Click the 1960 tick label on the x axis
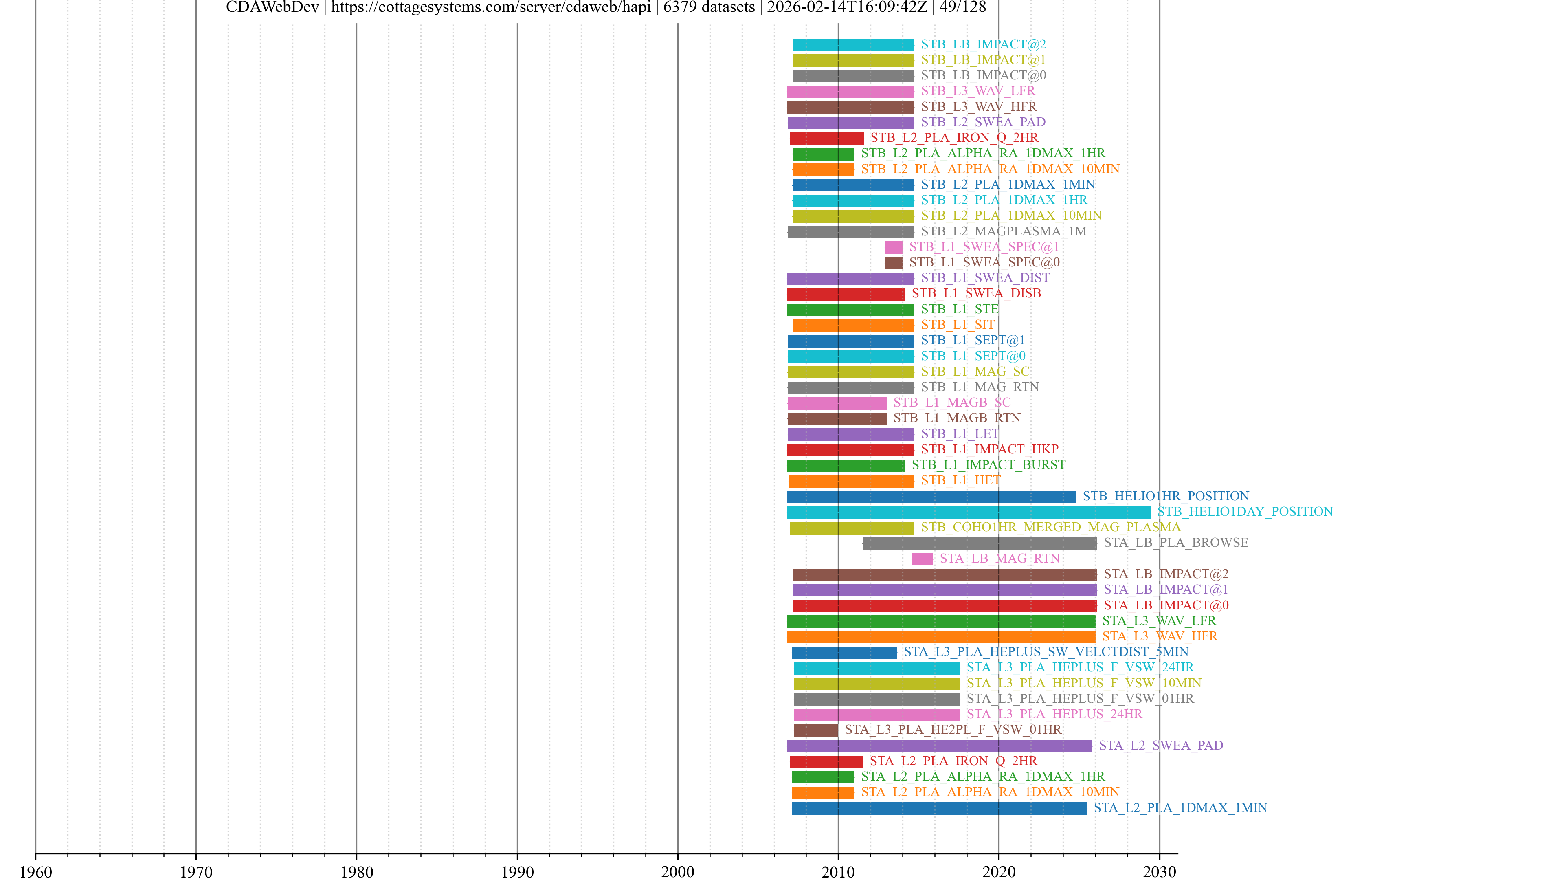[36, 871]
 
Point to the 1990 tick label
[517, 871]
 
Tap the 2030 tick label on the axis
[1159, 871]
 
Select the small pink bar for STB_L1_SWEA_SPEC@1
[893, 247]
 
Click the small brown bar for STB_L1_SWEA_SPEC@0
[893, 263]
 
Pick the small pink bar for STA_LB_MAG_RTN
[922, 559]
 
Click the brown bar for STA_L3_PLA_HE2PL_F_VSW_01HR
[815, 730]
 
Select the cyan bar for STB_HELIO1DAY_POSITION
[969, 512]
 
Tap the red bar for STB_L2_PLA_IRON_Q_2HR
[826, 139]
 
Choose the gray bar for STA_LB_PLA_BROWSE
[979, 543]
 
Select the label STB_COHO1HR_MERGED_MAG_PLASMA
[1050, 527]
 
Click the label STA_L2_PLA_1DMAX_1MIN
[1180, 808]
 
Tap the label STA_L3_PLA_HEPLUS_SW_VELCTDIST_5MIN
[1046, 652]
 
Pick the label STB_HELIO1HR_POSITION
[1166, 496]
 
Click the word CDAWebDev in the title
[272, 7]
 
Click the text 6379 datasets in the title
[709, 7]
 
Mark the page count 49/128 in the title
[962, 7]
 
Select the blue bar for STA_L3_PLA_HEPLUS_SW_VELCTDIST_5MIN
[844, 652]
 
